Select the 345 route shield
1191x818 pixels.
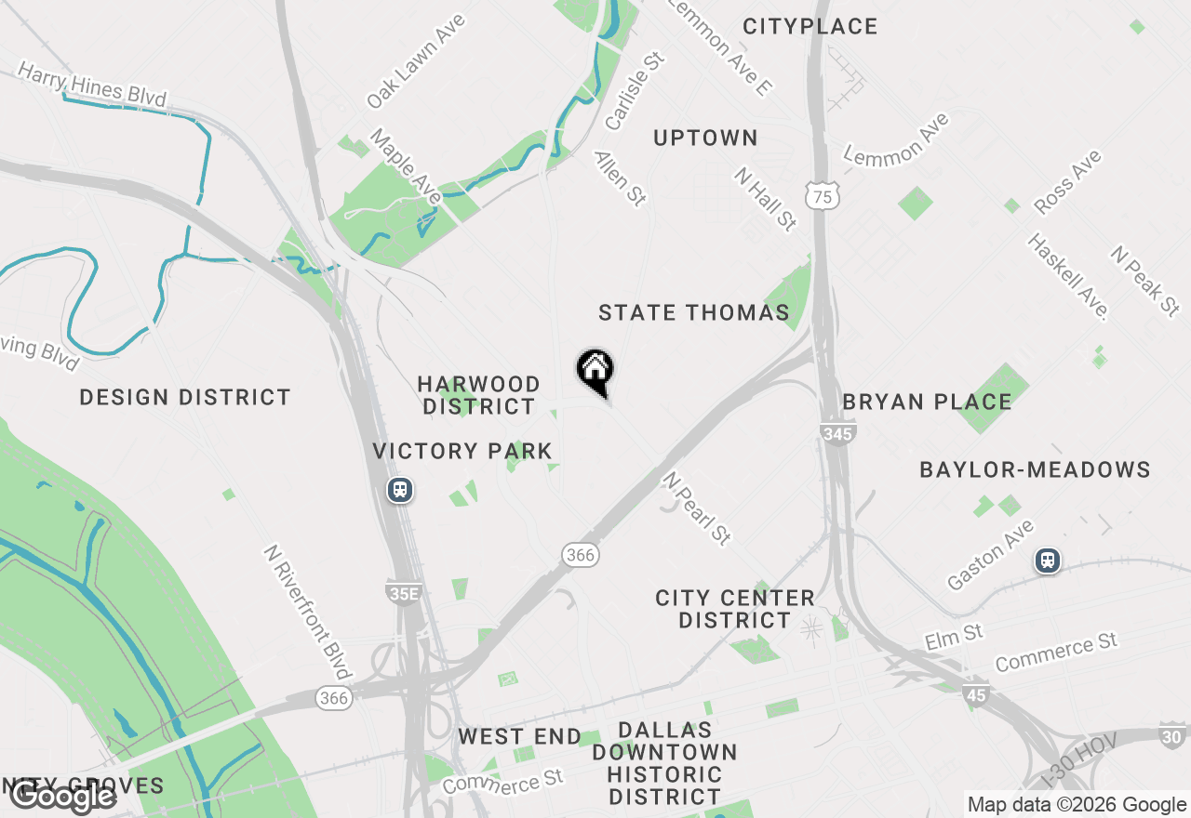838,432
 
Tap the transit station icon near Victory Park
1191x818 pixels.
400,490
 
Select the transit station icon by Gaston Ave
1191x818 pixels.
1048,561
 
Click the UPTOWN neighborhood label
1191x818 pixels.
705,139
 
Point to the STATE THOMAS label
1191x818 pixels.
694,313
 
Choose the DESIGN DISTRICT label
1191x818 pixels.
185,398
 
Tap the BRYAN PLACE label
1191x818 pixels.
927,402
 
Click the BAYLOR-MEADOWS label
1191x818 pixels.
1035,470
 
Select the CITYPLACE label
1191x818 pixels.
810,27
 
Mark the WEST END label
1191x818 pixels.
519,737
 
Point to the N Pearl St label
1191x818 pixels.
697,508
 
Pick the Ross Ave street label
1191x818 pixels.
1068,182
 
